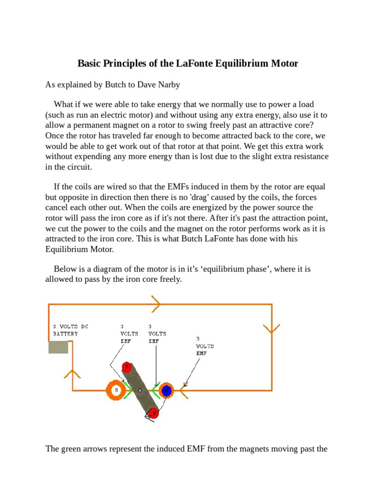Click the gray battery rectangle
[58, 347]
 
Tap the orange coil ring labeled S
[116, 391]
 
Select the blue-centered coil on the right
[166, 391]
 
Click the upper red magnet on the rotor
[127, 367]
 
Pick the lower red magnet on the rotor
[153, 414]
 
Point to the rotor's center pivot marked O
[140, 391]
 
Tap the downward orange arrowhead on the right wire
[271, 328]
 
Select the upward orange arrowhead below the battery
[73, 375]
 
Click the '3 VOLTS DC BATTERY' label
[71, 330]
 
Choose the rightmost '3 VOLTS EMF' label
[205, 345]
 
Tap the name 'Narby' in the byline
[167, 85]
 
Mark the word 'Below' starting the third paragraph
[65, 269]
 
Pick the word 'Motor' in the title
[285, 64]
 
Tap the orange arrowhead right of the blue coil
[184, 391]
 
